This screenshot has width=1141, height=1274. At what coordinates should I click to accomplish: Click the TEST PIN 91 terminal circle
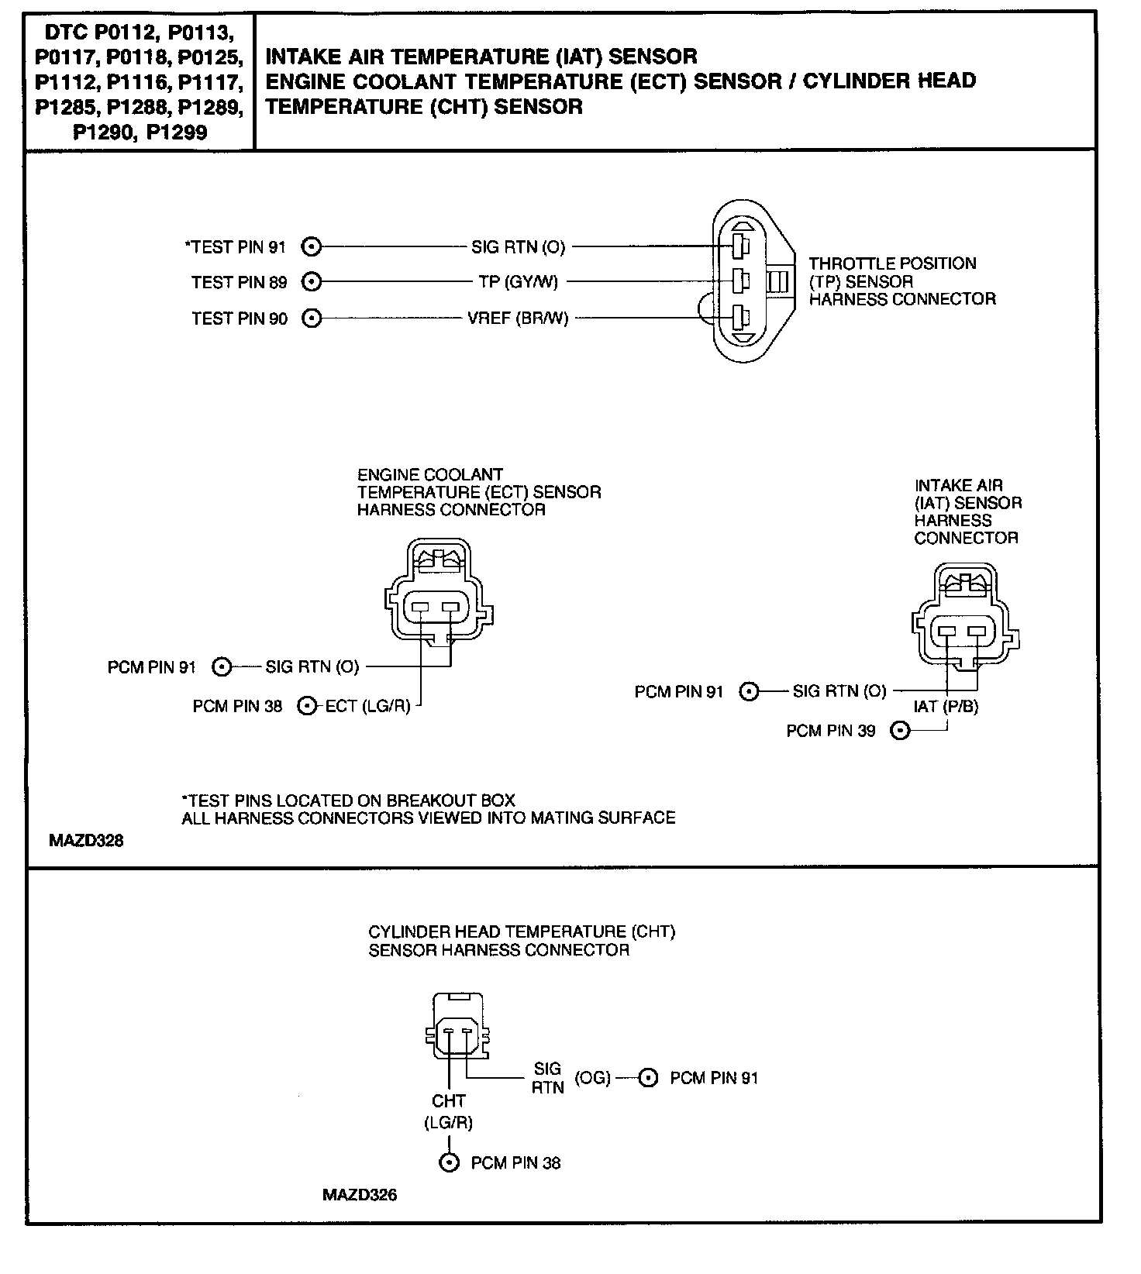click(311, 246)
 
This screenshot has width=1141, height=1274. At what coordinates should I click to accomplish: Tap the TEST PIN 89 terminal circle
click(311, 281)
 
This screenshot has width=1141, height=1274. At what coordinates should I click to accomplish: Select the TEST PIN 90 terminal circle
click(311, 318)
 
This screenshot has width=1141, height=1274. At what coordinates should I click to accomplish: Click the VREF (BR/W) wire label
click(518, 318)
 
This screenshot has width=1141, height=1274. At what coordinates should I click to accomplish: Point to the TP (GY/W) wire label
click(518, 282)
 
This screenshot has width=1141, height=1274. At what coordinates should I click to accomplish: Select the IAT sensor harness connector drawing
click(965, 616)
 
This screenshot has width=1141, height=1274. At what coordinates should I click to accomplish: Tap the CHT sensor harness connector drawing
click(457, 1026)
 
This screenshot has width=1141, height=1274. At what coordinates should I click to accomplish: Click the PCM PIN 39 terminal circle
click(899, 730)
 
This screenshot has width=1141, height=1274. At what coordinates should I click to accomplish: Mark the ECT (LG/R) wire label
click(367, 706)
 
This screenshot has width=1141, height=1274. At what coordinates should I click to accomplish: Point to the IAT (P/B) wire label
click(946, 707)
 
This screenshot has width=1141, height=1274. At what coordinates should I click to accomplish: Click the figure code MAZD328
click(86, 840)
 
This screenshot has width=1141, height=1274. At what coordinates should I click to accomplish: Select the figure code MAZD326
click(359, 1195)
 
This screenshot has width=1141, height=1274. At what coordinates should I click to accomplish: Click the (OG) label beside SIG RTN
click(592, 1078)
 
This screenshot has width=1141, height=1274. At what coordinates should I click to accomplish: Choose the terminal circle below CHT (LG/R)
click(449, 1162)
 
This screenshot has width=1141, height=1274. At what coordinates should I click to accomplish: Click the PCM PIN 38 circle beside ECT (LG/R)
click(308, 706)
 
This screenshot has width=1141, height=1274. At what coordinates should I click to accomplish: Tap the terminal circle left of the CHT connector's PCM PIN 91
click(648, 1078)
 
